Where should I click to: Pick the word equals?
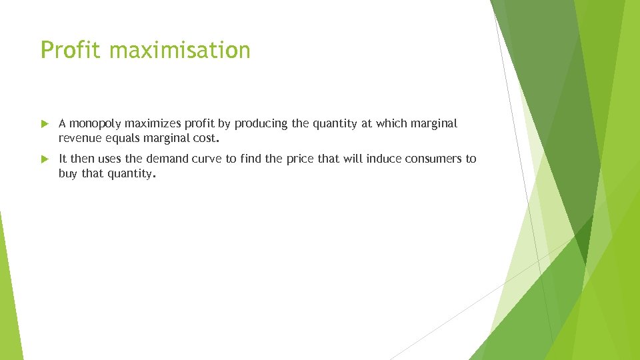[123, 139]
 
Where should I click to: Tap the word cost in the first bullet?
[204, 139]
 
